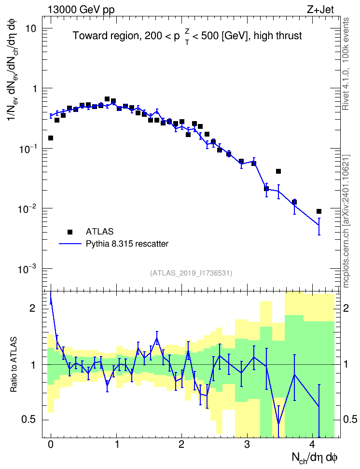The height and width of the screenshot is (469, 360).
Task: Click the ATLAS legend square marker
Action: point(70,232)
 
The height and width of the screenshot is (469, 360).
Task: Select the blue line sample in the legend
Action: point(70,244)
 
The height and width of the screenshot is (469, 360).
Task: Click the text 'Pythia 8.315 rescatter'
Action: point(127,244)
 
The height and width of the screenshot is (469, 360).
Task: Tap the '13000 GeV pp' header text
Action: point(81,10)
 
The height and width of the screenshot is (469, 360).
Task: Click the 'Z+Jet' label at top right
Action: point(320,10)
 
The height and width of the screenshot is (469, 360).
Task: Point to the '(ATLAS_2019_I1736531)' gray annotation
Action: point(191,273)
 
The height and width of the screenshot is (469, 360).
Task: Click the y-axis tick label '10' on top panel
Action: point(30,29)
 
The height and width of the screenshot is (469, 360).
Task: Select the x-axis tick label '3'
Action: point(247,444)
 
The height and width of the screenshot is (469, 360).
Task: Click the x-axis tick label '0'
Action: point(51,444)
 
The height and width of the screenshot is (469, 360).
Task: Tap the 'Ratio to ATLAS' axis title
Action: point(14,364)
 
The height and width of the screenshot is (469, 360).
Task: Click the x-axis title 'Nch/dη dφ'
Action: point(315,458)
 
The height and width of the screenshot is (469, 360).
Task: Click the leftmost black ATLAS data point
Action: point(51,138)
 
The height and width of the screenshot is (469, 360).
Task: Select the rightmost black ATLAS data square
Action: point(319,211)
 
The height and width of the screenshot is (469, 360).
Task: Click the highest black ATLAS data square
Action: point(107,99)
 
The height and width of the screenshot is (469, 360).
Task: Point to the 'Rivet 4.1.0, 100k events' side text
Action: point(346,64)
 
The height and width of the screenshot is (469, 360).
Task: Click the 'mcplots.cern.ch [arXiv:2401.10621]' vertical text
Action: point(346,221)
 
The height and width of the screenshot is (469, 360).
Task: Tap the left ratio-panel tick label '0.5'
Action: point(29,420)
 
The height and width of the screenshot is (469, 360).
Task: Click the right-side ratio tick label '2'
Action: point(346,308)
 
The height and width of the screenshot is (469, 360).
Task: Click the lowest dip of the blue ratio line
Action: point(278,424)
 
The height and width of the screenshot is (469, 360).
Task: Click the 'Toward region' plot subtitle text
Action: point(105,36)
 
